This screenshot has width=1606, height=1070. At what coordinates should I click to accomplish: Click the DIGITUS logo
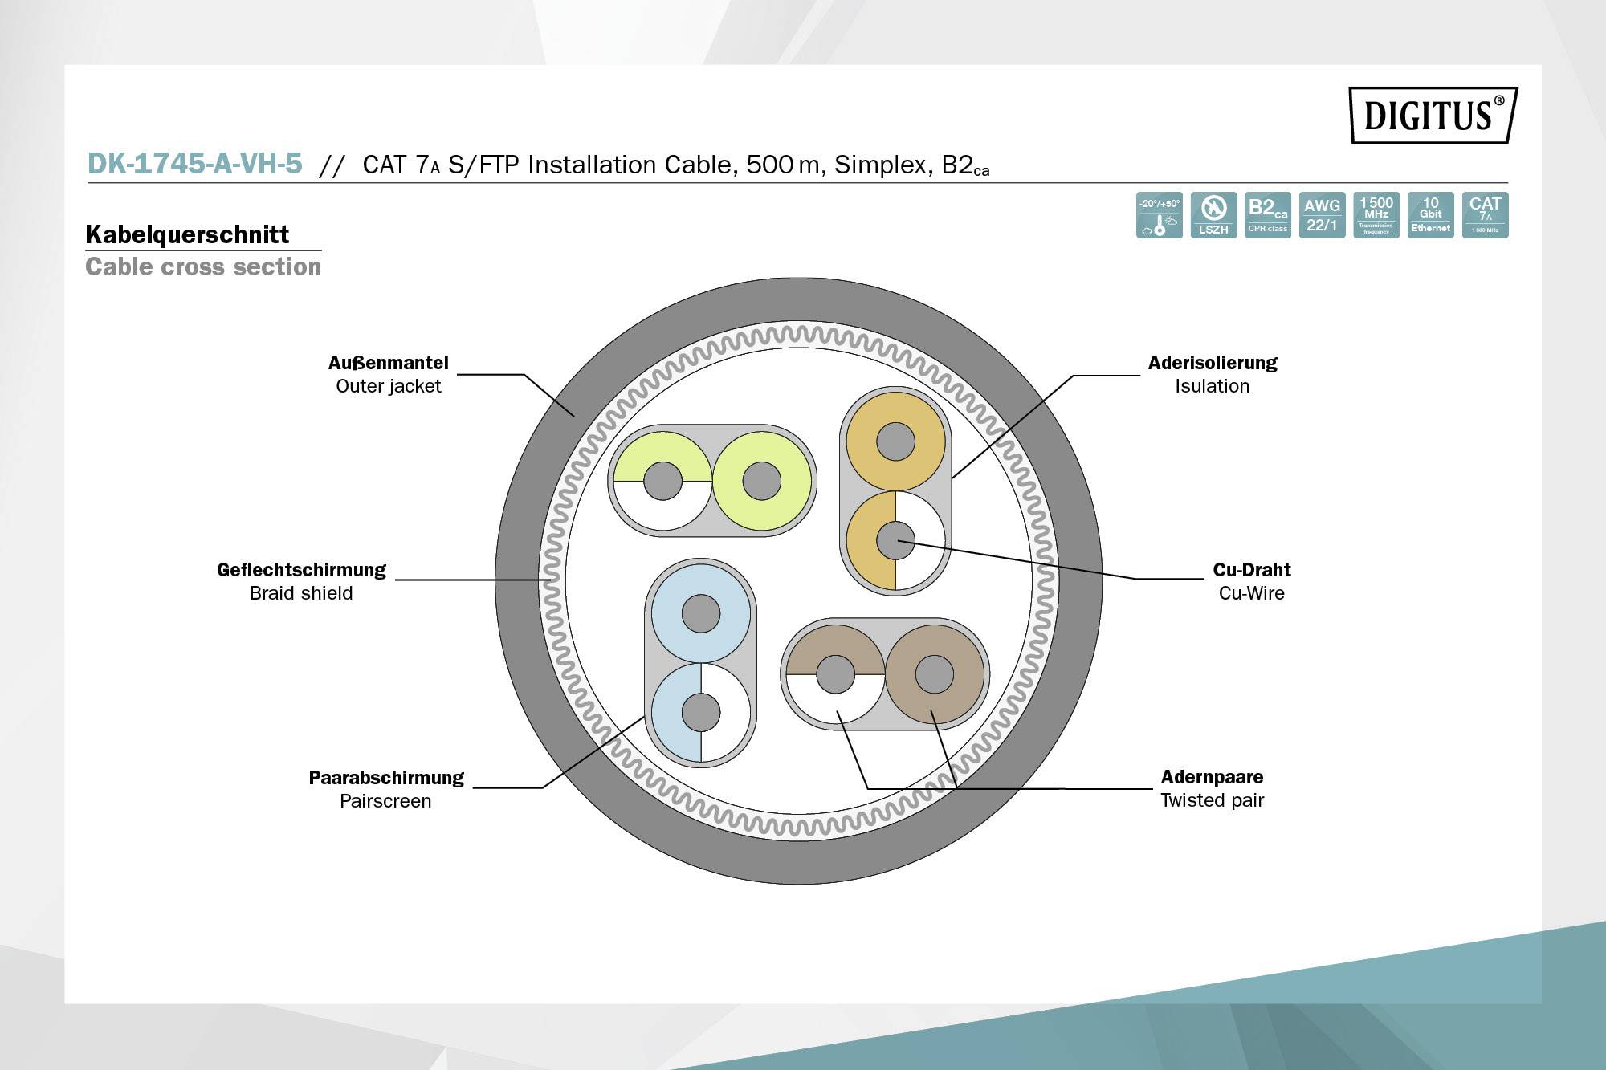click(x=1433, y=115)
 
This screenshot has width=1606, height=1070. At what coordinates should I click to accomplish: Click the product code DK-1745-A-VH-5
click(x=194, y=164)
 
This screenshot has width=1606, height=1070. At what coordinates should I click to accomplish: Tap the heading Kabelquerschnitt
click(x=187, y=234)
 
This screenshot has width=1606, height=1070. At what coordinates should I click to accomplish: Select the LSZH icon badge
click(x=1213, y=214)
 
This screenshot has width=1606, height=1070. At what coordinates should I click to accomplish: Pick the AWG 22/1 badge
click(x=1322, y=214)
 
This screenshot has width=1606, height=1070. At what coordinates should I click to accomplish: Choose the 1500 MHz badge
click(x=1376, y=214)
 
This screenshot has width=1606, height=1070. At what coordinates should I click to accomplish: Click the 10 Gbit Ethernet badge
click(x=1430, y=214)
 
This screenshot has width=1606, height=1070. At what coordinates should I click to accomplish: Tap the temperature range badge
click(x=1159, y=214)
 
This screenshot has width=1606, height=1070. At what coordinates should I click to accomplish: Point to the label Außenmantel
click(x=388, y=363)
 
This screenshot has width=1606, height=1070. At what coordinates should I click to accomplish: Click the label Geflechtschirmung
click(x=301, y=570)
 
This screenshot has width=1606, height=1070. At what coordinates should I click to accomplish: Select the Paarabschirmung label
click(x=386, y=778)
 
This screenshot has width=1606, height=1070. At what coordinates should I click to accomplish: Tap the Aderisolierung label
click(x=1212, y=363)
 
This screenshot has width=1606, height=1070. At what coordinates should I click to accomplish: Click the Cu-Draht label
click(x=1251, y=570)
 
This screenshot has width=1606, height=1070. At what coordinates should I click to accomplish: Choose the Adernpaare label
click(x=1212, y=777)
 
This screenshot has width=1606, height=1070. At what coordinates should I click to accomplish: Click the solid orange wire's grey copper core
click(x=895, y=441)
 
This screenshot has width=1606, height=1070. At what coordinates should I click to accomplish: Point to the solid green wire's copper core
click(x=761, y=482)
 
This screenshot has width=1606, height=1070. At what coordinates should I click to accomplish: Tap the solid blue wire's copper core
click(x=701, y=614)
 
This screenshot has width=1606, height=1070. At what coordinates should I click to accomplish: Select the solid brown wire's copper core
click(x=935, y=674)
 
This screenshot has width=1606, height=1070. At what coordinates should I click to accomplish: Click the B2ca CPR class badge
click(x=1268, y=214)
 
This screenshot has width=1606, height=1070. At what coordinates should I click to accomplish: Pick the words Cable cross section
click(x=203, y=266)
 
